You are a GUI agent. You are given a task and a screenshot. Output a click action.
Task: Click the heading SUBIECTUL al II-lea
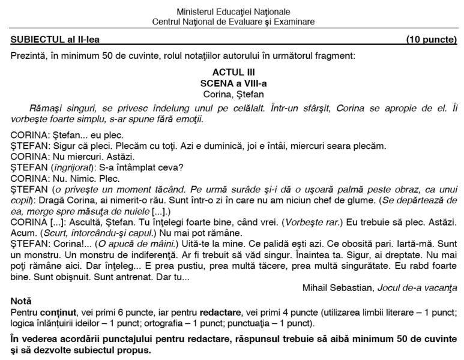click(55, 40)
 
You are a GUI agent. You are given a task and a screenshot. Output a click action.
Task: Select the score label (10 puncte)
click(431, 40)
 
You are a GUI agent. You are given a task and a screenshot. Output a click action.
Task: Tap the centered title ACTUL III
click(233, 73)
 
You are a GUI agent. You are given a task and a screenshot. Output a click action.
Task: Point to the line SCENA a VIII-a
click(233, 83)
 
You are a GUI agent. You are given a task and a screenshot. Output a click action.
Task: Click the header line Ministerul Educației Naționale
click(233, 12)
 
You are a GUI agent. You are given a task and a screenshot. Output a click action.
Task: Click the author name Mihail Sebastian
click(338, 287)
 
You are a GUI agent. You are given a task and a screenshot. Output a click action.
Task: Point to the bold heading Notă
click(21, 301)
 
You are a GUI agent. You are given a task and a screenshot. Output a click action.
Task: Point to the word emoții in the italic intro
click(190, 119)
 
